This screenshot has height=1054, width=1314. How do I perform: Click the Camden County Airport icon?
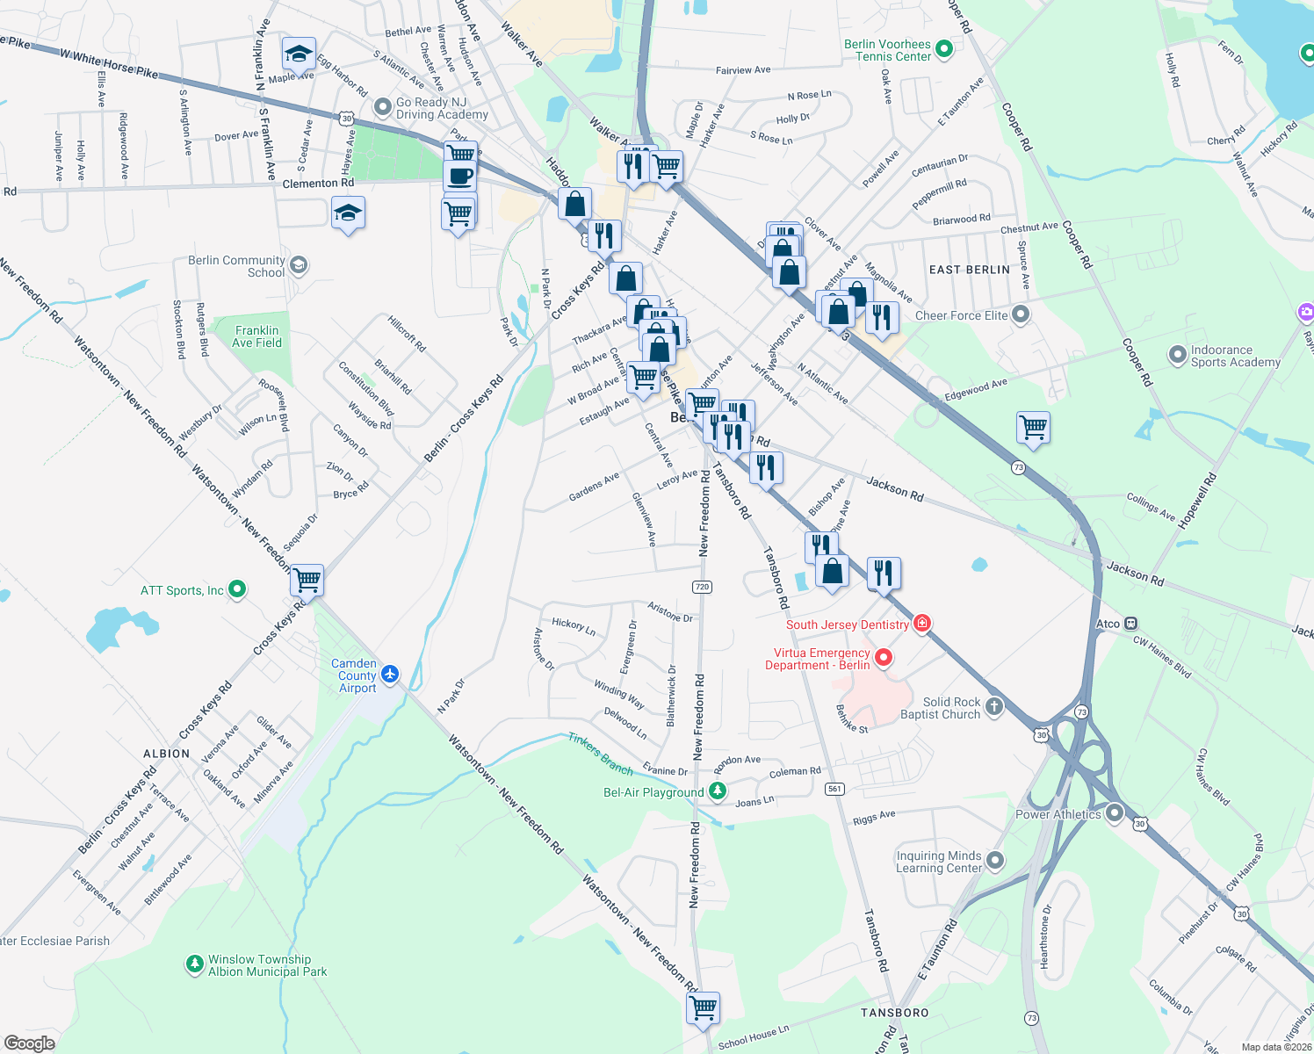coord(390,675)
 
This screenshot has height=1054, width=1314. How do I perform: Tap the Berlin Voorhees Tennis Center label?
coord(887,50)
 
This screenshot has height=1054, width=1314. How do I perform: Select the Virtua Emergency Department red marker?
coord(884,657)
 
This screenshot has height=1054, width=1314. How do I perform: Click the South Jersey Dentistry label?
coord(847,624)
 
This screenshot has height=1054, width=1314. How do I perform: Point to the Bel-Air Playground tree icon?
coord(718,791)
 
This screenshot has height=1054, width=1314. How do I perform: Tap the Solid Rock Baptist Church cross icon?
coord(993,707)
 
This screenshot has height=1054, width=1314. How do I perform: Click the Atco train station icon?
coord(1130,624)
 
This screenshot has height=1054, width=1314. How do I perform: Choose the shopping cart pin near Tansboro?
coord(703,1007)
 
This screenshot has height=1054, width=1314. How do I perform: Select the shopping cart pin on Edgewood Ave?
coord(1034,428)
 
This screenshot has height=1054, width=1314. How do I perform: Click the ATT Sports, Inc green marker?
coord(237,589)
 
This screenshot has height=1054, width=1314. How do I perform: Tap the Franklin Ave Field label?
coord(256,336)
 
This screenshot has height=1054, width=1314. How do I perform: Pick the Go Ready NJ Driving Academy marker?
coord(382,107)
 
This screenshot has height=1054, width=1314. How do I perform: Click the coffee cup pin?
coord(459,176)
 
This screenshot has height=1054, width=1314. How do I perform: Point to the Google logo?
coord(29,1043)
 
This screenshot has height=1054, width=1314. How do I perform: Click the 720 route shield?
coord(701,587)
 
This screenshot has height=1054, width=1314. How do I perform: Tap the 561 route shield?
coord(834,789)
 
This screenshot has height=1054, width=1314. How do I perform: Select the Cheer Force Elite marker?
coord(1020,314)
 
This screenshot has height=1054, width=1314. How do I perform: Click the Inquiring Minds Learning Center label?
coord(938,862)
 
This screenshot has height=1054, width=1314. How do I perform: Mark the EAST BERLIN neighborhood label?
coord(969,270)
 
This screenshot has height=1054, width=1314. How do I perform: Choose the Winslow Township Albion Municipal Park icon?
coord(194,964)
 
